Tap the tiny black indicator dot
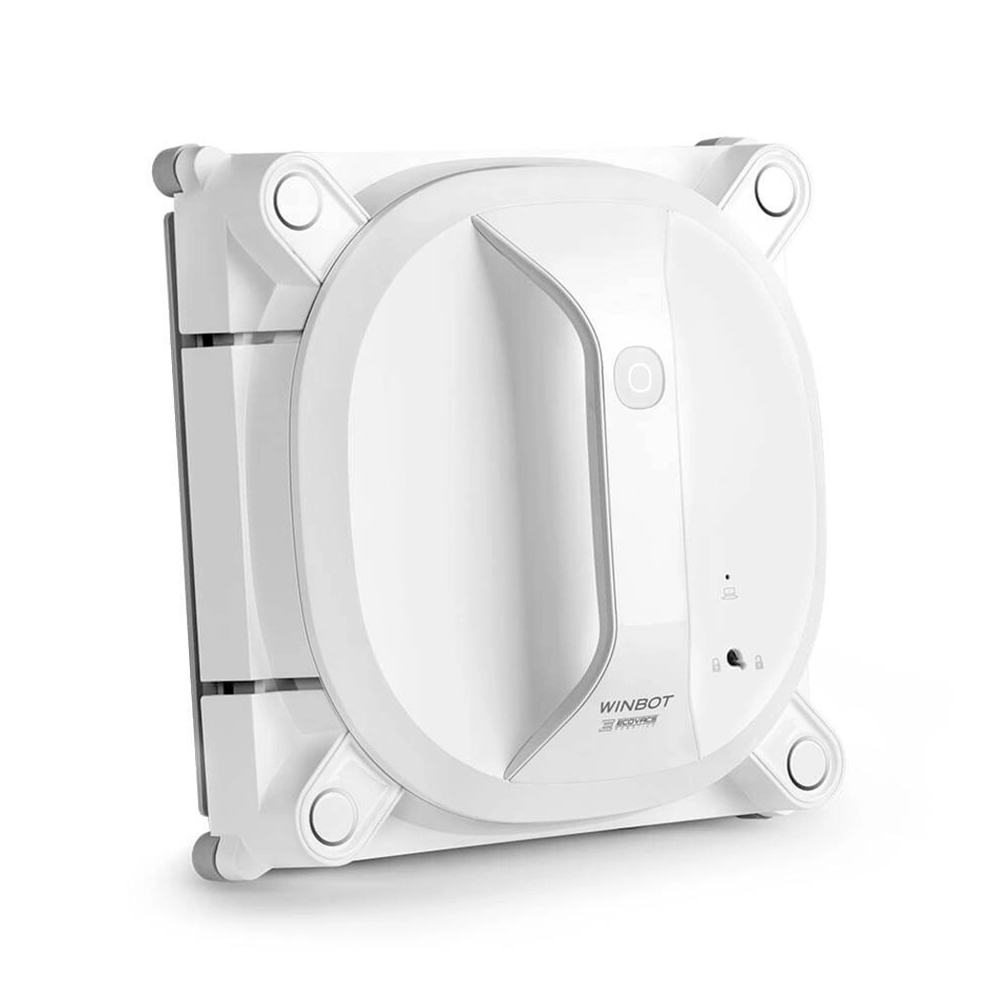[728, 578]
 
